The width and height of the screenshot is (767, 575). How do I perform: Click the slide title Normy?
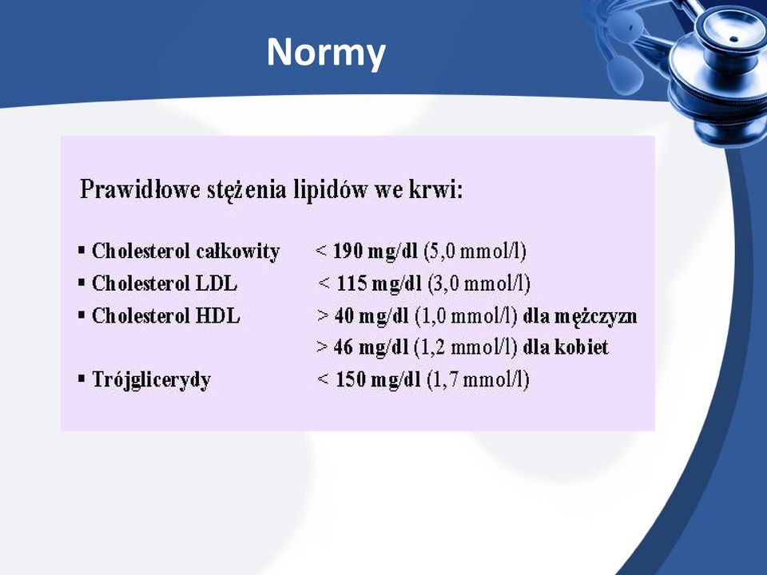[326, 53]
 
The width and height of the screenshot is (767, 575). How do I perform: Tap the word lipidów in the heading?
[330, 190]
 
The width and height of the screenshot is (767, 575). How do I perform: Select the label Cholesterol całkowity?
[186, 252]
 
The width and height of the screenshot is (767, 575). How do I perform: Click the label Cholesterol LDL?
[165, 284]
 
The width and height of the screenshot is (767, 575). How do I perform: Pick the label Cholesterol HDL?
[166, 316]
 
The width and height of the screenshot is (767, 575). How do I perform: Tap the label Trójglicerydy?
[152, 380]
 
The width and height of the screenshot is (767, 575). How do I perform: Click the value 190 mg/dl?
[376, 252]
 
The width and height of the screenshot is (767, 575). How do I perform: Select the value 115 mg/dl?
[379, 284]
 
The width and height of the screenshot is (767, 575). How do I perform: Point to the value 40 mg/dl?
[372, 316]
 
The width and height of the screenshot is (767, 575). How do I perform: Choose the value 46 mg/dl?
[370, 347]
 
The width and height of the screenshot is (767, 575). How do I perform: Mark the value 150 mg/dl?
[378, 379]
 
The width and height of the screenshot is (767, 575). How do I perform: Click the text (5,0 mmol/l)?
[475, 252]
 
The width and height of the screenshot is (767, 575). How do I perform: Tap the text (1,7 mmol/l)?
[478, 379]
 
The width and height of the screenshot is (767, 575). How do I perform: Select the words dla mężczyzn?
[580, 316]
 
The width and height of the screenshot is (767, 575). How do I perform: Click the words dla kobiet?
[566, 347]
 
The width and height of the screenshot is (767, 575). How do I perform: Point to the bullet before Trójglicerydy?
[81, 379]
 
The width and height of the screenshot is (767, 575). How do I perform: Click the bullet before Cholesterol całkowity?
[81, 251]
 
